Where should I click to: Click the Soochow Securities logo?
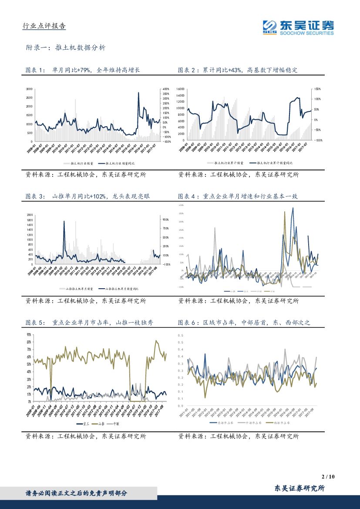299,27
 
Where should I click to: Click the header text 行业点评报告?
44,26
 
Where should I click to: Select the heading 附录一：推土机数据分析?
66,48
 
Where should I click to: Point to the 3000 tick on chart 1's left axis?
29,88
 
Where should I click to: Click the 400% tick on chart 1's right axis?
166,88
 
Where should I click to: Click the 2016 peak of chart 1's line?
138,92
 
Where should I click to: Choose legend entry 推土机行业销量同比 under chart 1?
116,163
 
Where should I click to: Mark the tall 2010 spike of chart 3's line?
64,221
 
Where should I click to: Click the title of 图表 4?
238,196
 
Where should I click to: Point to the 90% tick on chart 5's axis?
28,334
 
